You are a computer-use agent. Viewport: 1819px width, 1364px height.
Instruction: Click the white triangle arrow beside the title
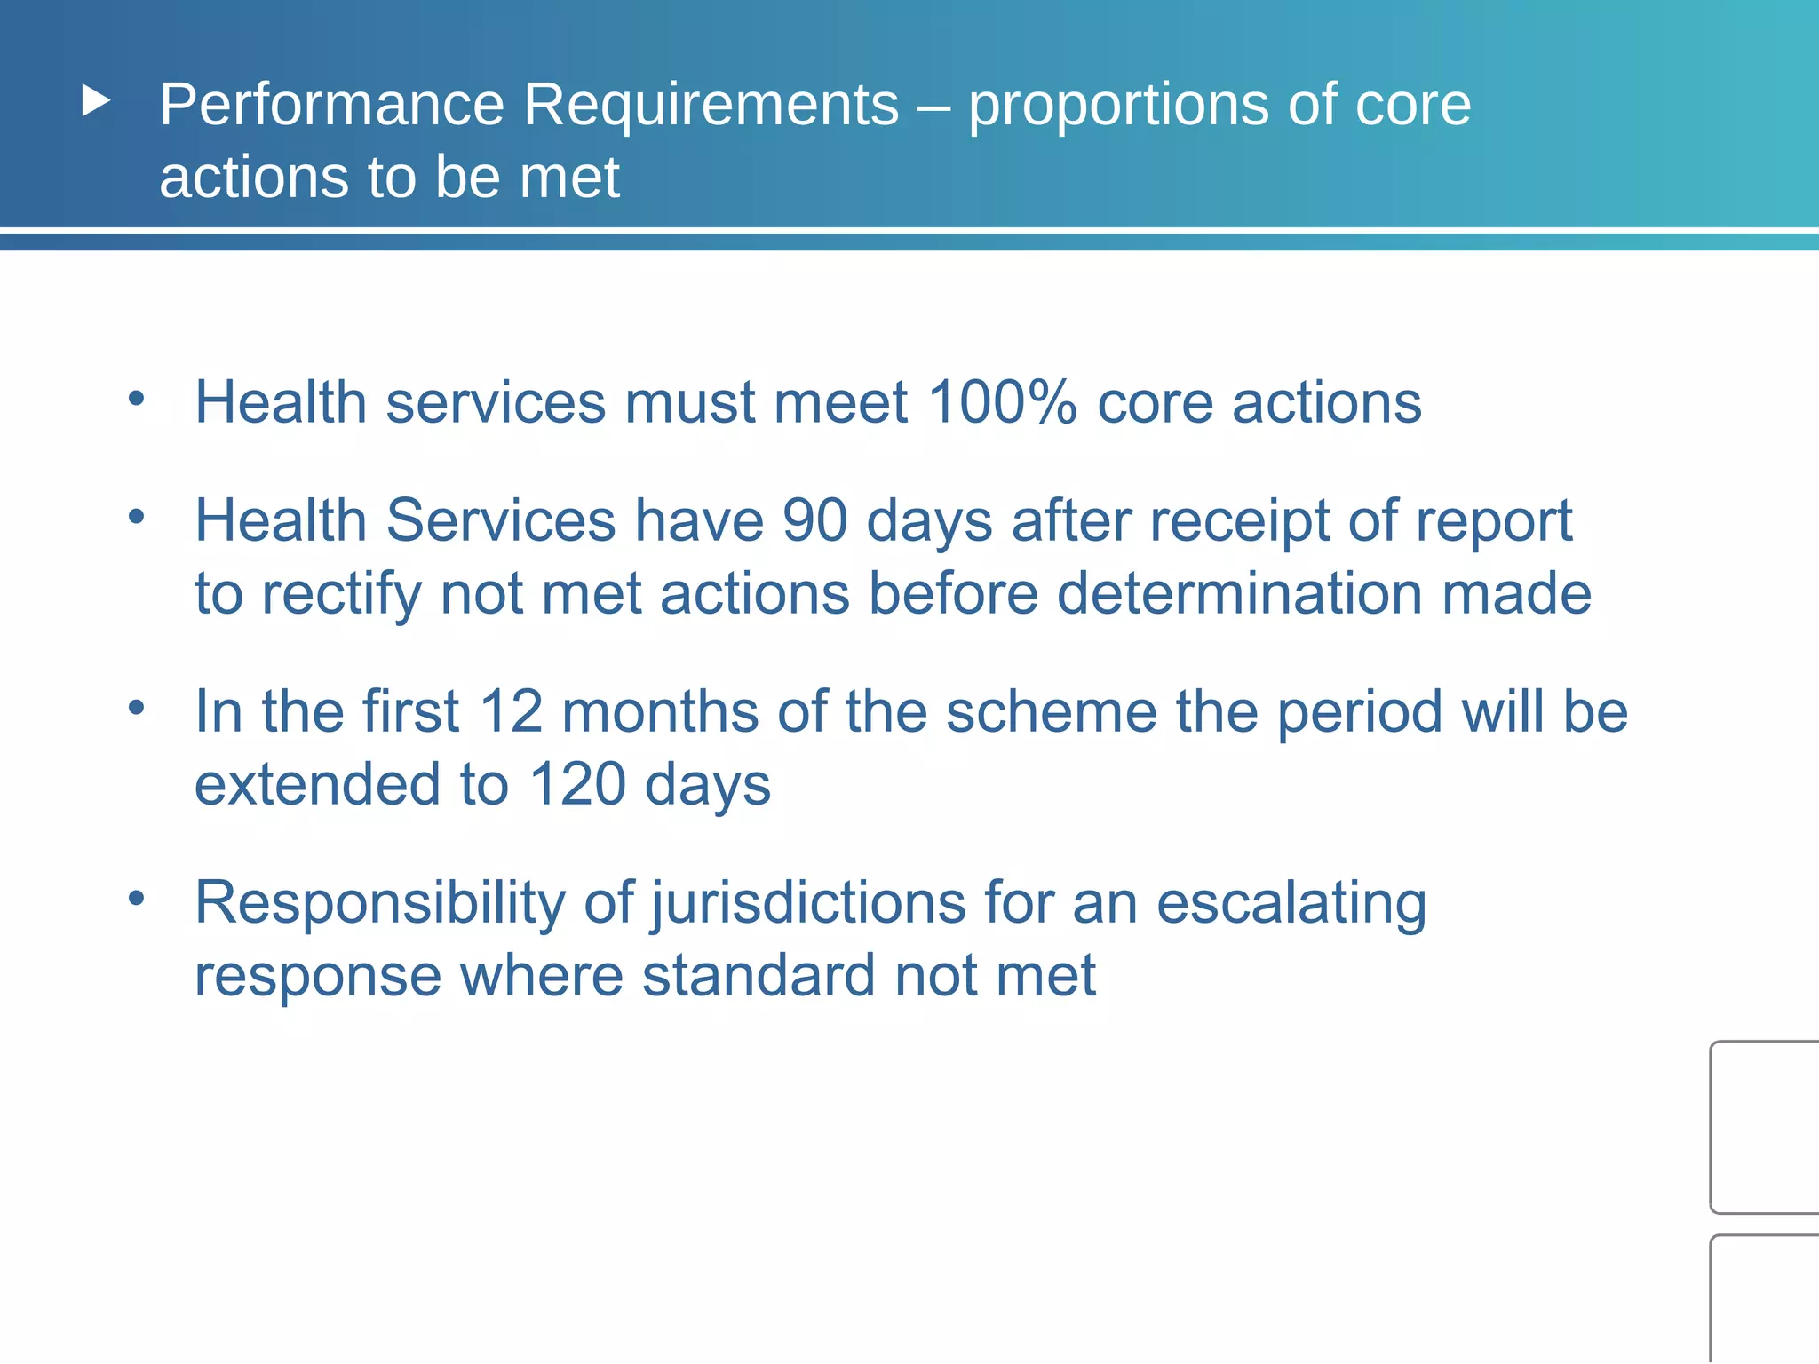pos(96,101)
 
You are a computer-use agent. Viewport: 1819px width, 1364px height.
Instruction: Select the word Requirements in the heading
pos(711,105)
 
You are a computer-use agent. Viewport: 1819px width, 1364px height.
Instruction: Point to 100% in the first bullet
pos(1002,402)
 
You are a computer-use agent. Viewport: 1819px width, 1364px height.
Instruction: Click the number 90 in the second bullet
pos(814,520)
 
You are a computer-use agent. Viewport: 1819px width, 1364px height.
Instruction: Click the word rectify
pos(341,595)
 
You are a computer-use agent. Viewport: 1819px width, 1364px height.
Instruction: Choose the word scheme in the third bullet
pos(1051,712)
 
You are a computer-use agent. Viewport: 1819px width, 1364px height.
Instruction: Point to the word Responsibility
pos(380,904)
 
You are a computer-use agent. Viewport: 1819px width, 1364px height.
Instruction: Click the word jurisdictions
pos(808,904)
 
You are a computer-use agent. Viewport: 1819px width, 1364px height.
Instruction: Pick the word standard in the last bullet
pos(759,975)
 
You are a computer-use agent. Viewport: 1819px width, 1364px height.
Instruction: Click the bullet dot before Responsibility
pos(136,898)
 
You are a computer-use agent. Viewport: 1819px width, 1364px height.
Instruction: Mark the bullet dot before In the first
pos(136,707)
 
